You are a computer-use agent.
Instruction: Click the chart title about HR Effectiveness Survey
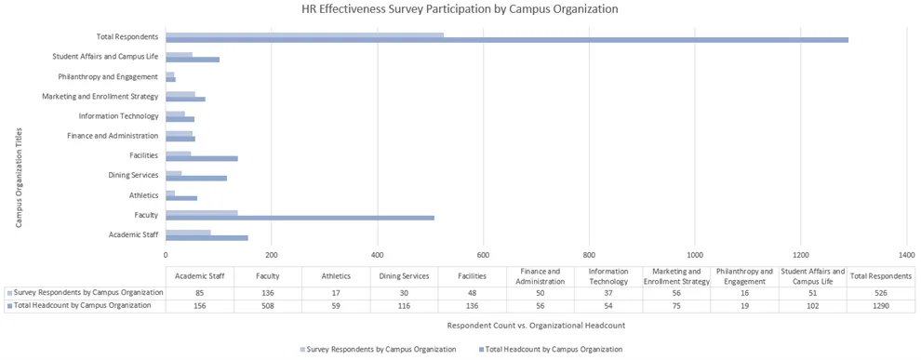click(x=460, y=9)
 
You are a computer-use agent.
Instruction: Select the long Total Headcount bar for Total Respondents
click(x=507, y=40)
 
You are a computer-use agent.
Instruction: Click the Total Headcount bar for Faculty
click(x=300, y=219)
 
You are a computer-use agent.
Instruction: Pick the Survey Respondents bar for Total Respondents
click(x=304, y=34)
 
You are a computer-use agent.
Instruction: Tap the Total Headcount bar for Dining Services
click(x=196, y=179)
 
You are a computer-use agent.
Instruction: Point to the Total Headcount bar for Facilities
click(x=202, y=159)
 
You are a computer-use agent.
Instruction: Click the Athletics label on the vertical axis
click(x=143, y=195)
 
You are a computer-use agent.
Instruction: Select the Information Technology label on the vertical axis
click(x=118, y=116)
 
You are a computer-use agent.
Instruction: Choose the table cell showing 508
click(x=267, y=305)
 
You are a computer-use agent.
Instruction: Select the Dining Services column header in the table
click(x=403, y=276)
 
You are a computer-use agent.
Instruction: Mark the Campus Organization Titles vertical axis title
click(x=19, y=178)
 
